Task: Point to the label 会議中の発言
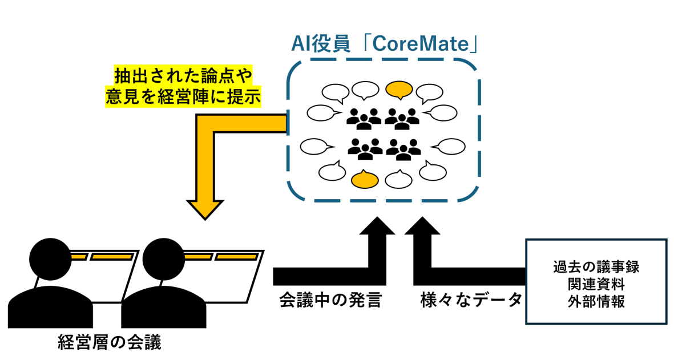tap(329, 299)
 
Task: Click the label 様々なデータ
tap(471, 299)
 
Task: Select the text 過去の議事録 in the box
tap(596, 267)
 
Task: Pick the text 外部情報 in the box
tap(596, 301)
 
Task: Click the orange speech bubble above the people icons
tap(399, 90)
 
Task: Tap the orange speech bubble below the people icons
tap(365, 180)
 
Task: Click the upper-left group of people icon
tap(364, 118)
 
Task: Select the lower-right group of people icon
tap(403, 149)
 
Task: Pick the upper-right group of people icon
tap(402, 118)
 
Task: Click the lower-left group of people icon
tap(365, 149)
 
